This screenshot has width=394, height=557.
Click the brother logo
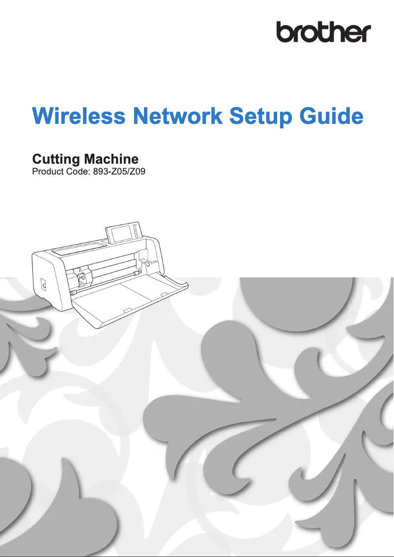click(x=323, y=32)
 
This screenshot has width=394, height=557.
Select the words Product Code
click(x=57, y=172)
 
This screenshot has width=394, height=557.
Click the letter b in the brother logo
click(x=285, y=32)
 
